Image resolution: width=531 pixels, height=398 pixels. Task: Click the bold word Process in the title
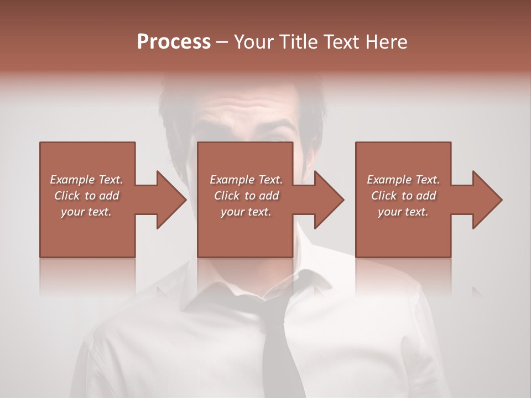point(174,42)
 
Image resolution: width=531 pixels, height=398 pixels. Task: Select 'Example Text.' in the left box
point(86,180)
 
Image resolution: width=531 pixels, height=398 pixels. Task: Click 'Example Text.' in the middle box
point(246,180)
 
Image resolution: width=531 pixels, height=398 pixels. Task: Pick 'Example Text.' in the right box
point(403,180)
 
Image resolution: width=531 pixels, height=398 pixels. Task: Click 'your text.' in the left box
point(86,212)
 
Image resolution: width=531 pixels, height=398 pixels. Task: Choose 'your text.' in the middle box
point(246,212)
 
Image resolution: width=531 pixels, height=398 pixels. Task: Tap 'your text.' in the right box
point(403,212)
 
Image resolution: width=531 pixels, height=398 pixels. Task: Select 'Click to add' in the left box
point(86,196)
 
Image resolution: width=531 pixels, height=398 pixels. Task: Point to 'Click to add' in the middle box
point(246,196)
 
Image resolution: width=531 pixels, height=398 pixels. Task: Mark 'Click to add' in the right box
point(403,196)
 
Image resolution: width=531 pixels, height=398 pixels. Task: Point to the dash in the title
point(222,42)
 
